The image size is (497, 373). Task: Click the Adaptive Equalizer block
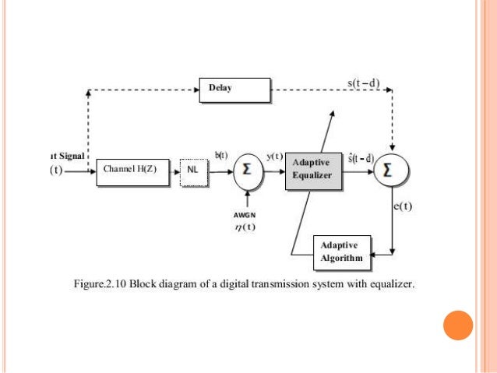pos(312,169)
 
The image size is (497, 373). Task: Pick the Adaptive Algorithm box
pos(342,251)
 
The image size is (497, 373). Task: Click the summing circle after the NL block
pos(247,171)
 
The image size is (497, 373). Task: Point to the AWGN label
pos(245,214)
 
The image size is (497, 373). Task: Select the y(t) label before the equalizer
pos(274,157)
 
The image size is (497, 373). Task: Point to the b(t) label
pos(221,155)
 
